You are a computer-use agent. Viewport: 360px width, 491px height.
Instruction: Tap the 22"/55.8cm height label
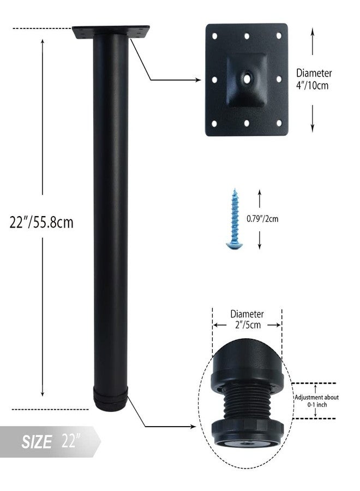(x=41, y=223)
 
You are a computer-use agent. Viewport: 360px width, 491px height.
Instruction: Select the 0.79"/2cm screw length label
(x=262, y=219)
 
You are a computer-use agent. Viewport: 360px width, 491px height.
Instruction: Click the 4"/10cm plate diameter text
(x=313, y=85)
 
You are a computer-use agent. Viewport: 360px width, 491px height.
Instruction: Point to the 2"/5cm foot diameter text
(x=248, y=325)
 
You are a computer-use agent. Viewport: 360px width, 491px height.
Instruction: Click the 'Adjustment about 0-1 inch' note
(x=317, y=401)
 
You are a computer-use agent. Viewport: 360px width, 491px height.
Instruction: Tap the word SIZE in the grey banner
(x=37, y=442)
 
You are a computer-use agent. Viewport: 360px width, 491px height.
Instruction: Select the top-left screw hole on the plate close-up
(x=215, y=36)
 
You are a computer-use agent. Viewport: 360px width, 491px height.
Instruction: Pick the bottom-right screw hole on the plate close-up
(x=279, y=123)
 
